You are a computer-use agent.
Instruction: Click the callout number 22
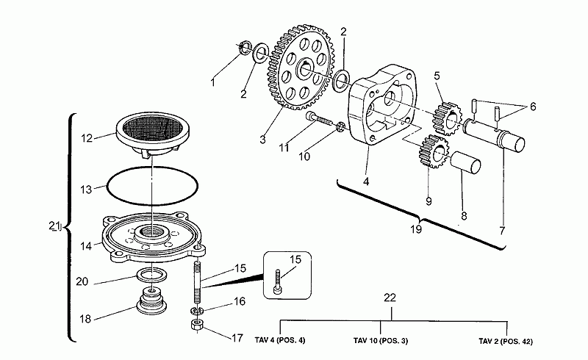[391, 297]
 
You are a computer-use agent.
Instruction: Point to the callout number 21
[54, 227]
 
